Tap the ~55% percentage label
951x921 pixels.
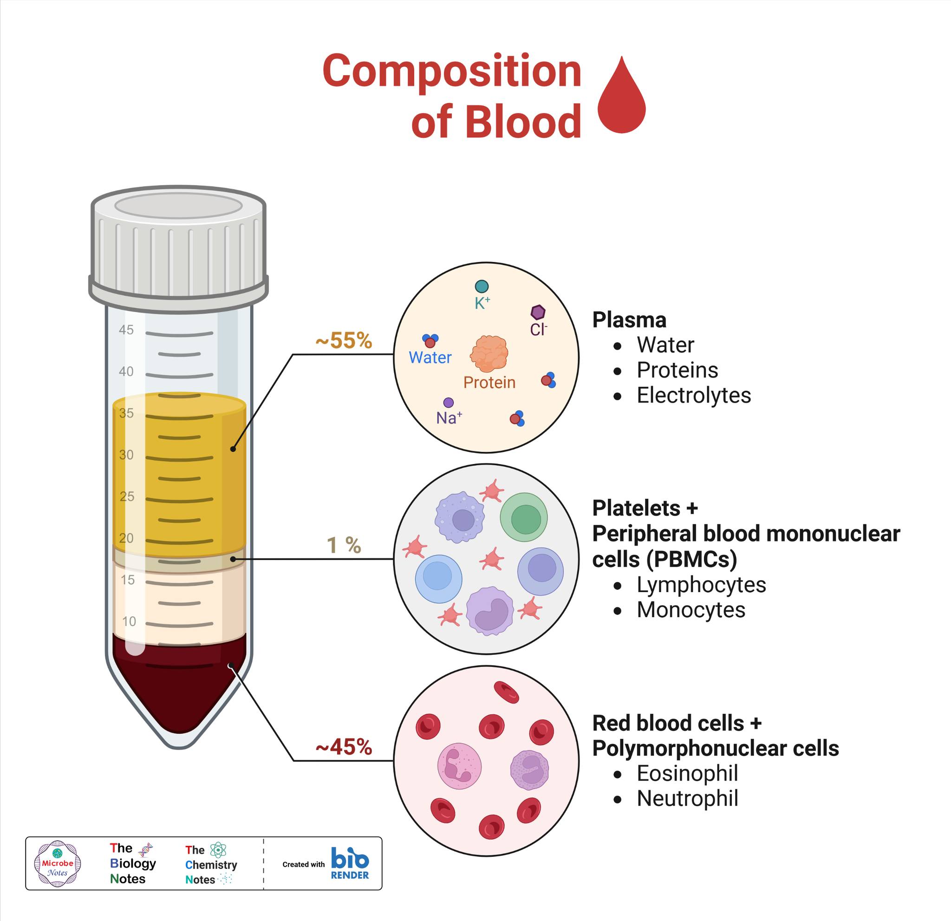coord(344,340)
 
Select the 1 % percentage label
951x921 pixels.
coord(344,545)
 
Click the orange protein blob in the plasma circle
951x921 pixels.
coord(489,354)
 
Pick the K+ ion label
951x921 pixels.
coord(482,303)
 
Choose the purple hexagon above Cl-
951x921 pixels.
coord(538,312)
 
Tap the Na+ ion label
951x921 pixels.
coord(449,418)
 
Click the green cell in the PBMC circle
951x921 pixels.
coord(523,517)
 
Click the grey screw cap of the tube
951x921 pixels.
coord(179,245)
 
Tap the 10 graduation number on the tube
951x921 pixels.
coord(129,621)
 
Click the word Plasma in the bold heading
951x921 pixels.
coord(629,320)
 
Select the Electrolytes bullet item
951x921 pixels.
coord(694,395)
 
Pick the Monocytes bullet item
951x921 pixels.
coord(691,610)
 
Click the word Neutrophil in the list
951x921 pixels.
coord(688,798)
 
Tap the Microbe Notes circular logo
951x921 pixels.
coord(57,863)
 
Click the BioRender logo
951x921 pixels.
coord(350,863)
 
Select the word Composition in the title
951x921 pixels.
coord(452,72)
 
